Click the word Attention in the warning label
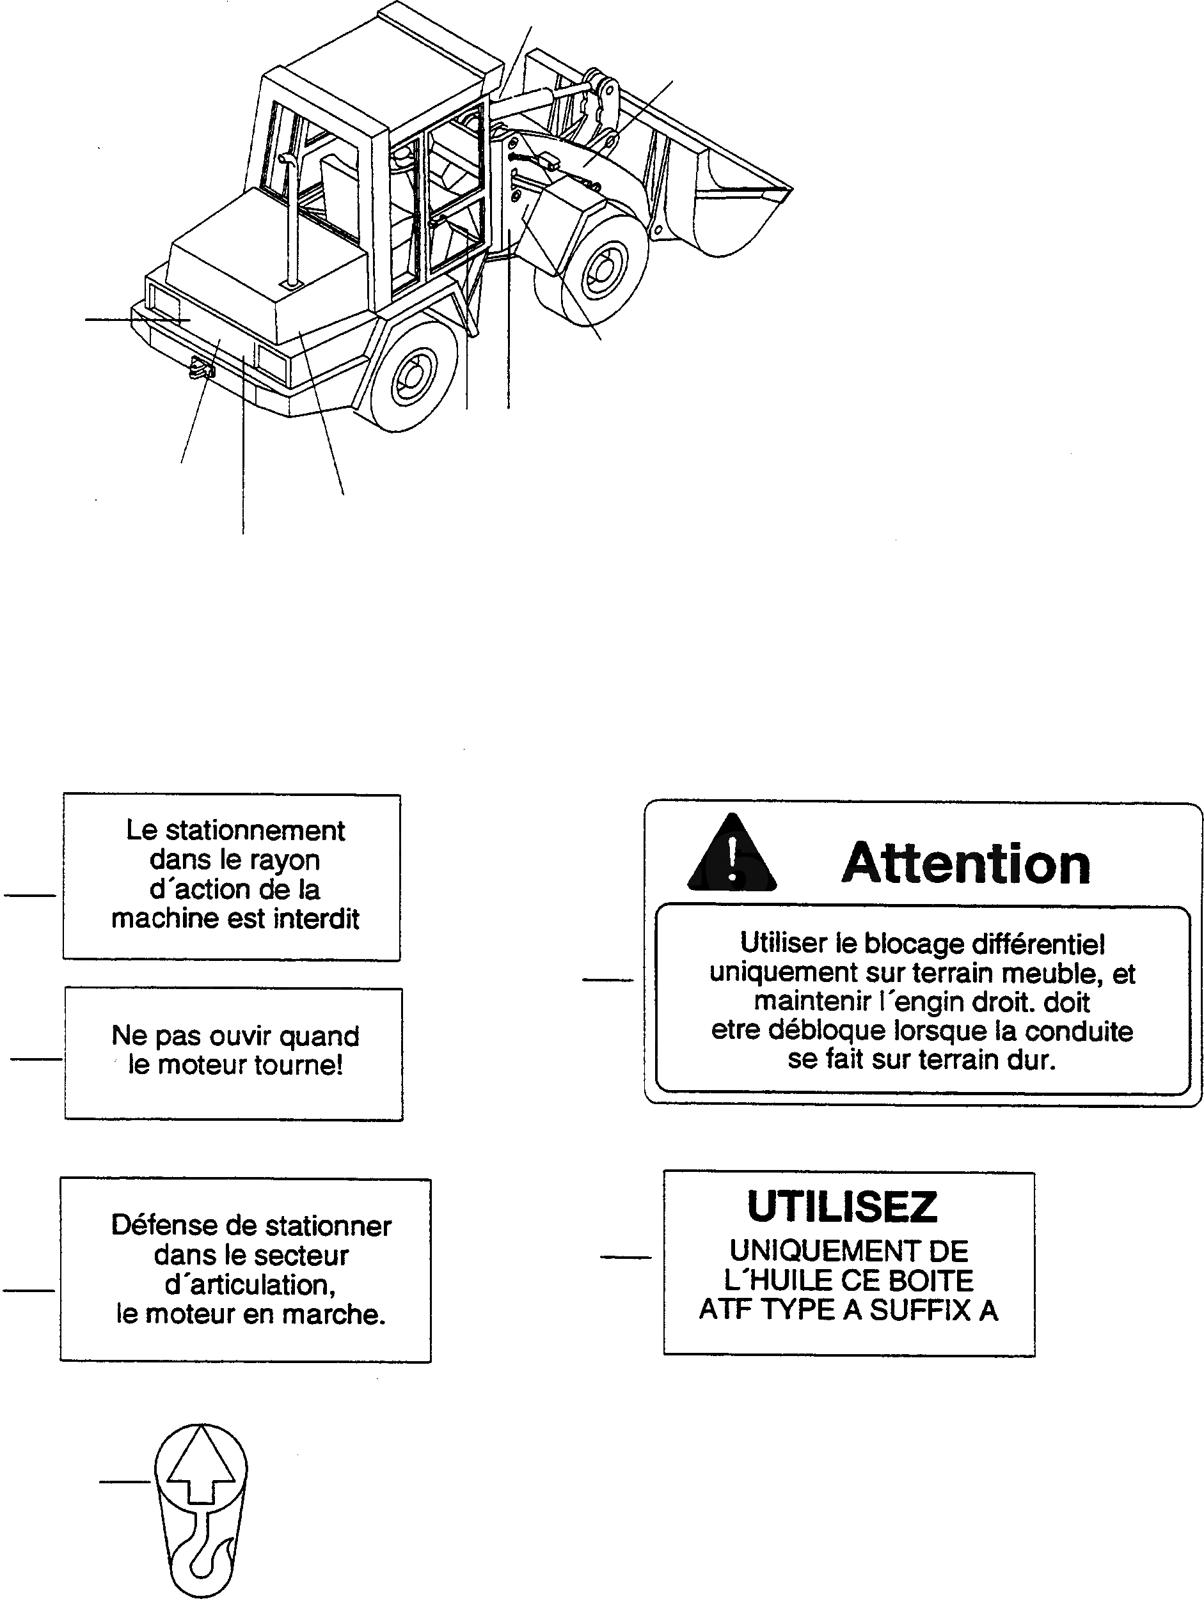point(966,863)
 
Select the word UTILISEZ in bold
point(843,1207)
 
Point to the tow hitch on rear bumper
point(202,370)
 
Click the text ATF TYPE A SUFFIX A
point(848,1311)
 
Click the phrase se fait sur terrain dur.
point(922,1060)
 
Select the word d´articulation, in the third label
point(250,1284)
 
